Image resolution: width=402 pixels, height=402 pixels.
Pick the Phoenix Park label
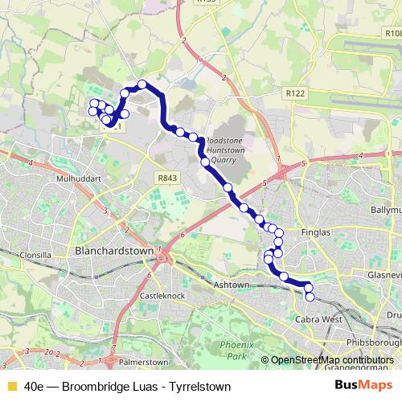tap(236, 350)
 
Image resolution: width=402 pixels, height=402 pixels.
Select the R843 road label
tap(167, 178)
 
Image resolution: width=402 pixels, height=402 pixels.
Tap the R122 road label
tap(295, 94)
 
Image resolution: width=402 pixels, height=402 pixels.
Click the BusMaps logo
tap(367, 386)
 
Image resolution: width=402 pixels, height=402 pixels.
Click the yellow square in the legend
tap(11, 386)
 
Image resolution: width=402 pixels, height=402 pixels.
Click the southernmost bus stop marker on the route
tap(310, 297)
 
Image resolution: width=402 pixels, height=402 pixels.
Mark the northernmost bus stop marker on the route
tap(142, 84)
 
